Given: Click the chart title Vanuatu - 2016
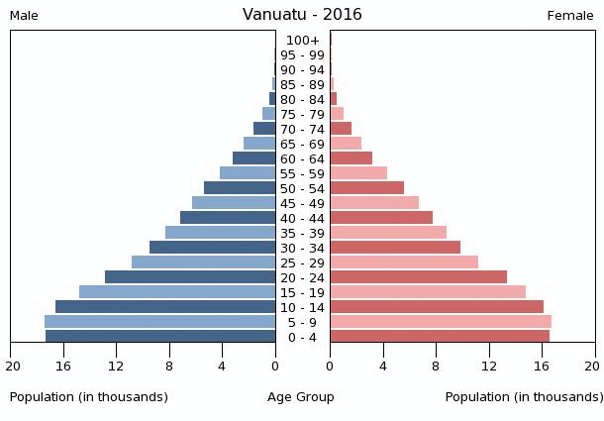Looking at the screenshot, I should coord(302,15).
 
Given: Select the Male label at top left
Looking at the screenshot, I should coord(24,16).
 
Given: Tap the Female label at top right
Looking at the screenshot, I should coord(569,16).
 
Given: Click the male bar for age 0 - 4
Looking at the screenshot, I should coord(160,337).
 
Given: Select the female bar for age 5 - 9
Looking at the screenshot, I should coord(441,322).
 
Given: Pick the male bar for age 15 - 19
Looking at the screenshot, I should coord(177,292).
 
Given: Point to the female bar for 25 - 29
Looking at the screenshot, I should coord(404,263).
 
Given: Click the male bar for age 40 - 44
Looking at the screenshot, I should coord(228,218).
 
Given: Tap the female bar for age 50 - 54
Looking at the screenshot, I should coord(366,188).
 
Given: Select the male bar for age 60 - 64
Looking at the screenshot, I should coord(253,158).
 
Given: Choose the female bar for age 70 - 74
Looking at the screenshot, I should coord(341,129).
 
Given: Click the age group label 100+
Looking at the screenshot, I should coord(302,41).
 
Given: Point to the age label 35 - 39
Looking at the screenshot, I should coord(302,233).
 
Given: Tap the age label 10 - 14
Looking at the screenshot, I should coord(302,307).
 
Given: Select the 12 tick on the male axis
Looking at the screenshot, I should coord(117,366).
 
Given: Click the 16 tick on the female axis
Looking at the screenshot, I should coord(543,366).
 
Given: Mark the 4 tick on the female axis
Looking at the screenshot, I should coord(383,366).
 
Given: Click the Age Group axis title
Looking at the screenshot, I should coord(301,397).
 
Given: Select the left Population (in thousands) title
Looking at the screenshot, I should coord(89,397).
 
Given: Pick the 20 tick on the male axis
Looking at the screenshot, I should coord(12,366).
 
